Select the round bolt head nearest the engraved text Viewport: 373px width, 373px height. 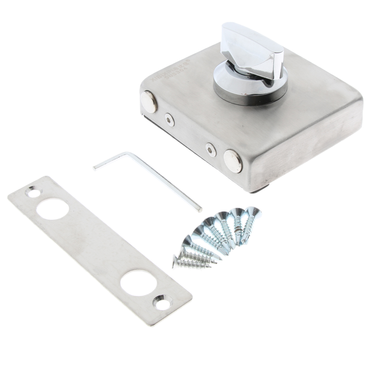tap(149, 102)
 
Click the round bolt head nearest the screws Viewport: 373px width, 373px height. tap(232, 161)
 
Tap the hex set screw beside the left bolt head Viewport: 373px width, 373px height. tap(169, 119)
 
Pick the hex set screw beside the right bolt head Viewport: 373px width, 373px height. tap(211, 149)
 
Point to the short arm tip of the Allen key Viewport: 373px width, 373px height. tap(95, 167)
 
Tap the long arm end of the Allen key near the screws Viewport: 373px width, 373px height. tap(199, 209)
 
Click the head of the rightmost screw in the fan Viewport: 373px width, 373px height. tap(253, 212)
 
